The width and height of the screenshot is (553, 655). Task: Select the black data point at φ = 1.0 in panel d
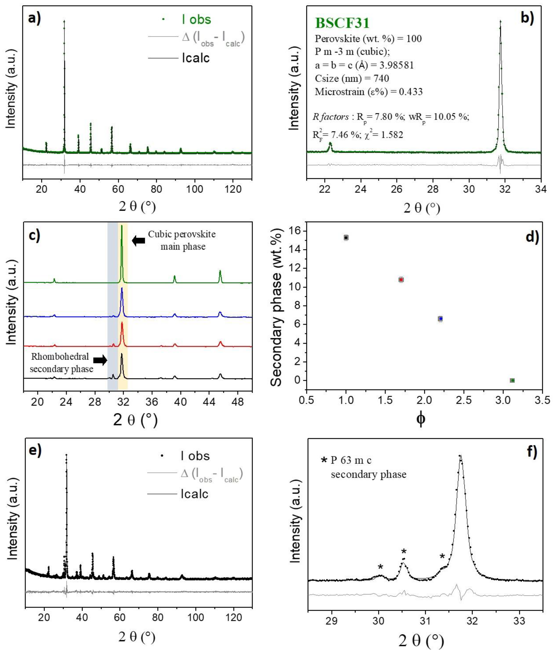(346, 238)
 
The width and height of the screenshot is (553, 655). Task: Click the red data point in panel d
(401, 280)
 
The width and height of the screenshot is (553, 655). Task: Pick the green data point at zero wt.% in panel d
(512, 380)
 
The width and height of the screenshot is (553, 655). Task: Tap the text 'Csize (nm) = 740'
(352, 78)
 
